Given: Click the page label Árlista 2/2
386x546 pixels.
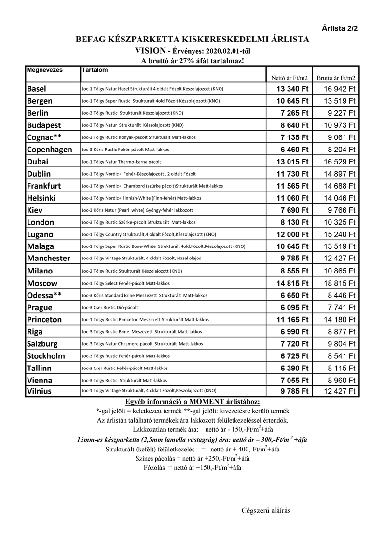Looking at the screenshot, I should click(340, 29).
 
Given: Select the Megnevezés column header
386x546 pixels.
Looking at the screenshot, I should click(45, 70).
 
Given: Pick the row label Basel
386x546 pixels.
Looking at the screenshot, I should click(37, 89).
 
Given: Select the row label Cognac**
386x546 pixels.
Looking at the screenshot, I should click(44, 137).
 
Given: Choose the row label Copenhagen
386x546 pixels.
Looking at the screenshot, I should click(50, 150).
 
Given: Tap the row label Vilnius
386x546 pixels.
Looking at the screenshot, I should click(40, 391).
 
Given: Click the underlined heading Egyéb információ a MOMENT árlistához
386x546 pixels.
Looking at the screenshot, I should click(193, 401).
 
